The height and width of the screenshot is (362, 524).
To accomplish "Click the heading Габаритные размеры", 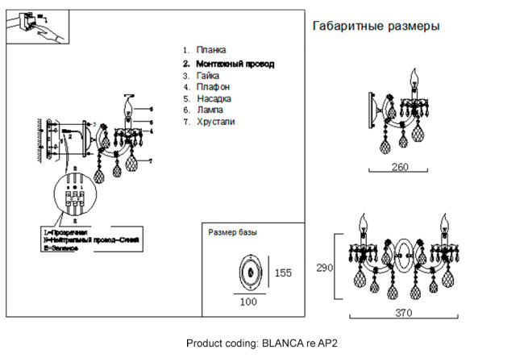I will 375,26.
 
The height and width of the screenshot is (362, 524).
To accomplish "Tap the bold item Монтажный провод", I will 235,63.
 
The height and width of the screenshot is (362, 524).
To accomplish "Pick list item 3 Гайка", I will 207,74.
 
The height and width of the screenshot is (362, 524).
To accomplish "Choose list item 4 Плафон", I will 213,86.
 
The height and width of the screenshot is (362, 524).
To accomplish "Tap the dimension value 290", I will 324,268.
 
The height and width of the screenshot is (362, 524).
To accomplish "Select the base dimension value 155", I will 283,273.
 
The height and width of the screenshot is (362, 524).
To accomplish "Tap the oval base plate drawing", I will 252,273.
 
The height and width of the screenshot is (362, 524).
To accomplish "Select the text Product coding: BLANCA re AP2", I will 261,343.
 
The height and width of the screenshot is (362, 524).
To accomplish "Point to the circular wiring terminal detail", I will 75,196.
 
